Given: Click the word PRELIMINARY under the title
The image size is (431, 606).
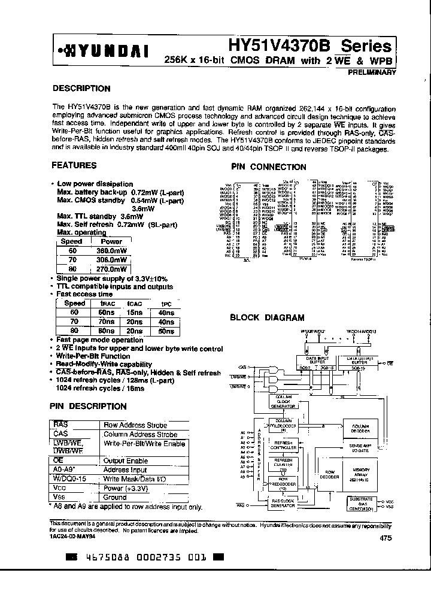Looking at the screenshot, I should pos(372,72).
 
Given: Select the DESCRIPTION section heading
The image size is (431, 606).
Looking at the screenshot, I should pos(81,88).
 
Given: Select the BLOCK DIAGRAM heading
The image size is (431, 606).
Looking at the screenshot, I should pos(267,318).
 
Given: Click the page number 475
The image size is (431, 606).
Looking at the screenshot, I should pos(386,538).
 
